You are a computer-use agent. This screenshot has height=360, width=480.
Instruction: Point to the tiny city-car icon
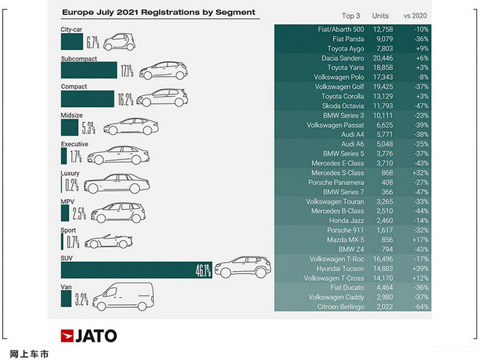coord(119,42)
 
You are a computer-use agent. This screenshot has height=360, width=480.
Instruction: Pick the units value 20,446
coord(385,58)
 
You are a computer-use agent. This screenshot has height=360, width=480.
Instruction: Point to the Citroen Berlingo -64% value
coord(423,306)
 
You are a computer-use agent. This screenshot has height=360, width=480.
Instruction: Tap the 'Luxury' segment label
coord(71,173)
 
